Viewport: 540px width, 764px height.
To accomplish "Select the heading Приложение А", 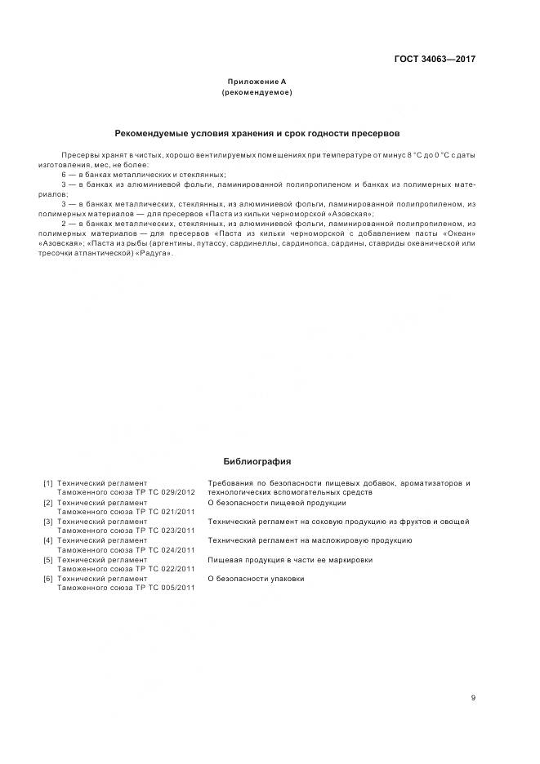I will click(x=257, y=82).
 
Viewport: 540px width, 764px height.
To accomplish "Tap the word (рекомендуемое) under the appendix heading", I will click(x=257, y=92).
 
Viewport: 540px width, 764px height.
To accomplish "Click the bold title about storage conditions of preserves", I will click(x=257, y=132).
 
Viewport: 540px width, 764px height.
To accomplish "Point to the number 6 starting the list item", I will click(x=64, y=175).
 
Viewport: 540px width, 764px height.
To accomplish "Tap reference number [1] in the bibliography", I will click(x=48, y=483).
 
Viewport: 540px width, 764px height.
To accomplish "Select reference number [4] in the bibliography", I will click(x=48, y=540).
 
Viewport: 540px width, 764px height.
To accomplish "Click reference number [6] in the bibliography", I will click(x=48, y=579).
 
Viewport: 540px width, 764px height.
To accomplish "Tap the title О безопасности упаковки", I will click(x=256, y=579).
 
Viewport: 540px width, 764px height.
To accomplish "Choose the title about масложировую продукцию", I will click(x=310, y=540).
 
